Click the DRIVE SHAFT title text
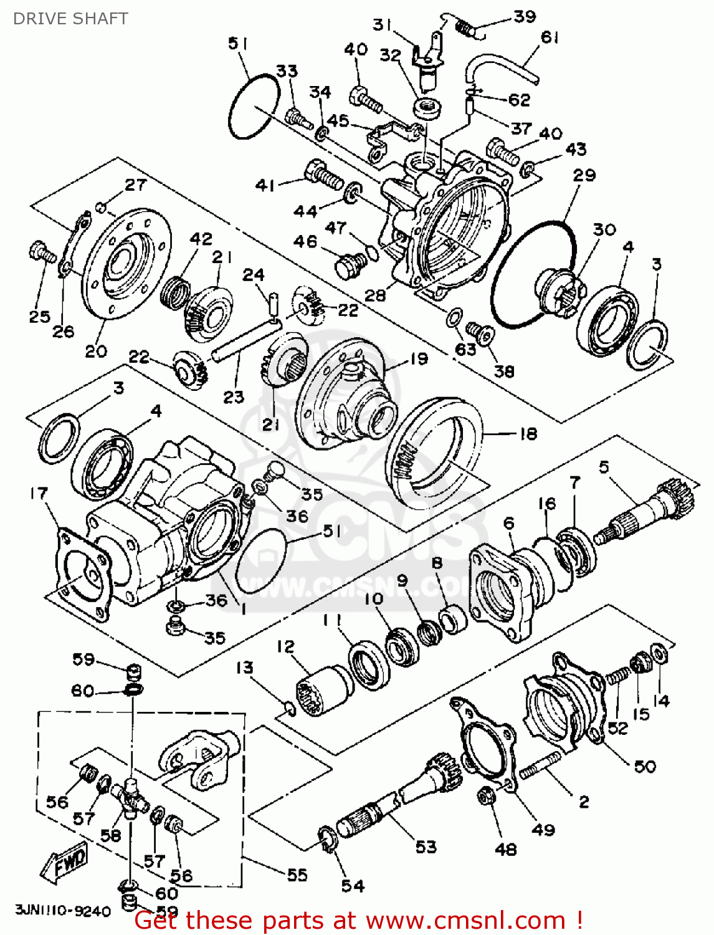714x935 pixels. (70, 19)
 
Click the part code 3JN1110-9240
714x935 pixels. (63, 911)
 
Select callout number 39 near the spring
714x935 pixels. (524, 17)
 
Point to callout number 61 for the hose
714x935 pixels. (550, 37)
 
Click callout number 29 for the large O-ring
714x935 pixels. (584, 175)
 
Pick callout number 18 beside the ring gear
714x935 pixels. (528, 433)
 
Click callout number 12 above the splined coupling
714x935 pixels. (285, 646)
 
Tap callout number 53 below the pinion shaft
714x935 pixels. (426, 846)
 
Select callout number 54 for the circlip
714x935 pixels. (353, 885)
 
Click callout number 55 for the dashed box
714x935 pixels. (297, 875)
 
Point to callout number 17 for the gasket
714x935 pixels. (39, 494)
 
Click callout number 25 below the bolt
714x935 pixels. (39, 317)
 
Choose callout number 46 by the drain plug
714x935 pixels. (305, 241)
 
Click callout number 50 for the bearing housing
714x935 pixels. (645, 766)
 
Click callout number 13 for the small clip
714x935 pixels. (244, 668)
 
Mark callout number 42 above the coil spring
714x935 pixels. (201, 239)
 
